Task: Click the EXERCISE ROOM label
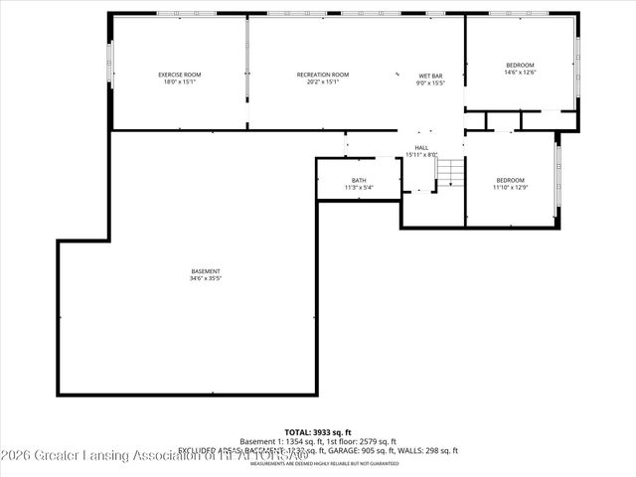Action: (180, 75)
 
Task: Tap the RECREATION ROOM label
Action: (323, 75)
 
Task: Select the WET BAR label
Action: (430, 76)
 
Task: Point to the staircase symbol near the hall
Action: (451, 174)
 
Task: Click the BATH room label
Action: (358, 180)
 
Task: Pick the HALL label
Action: (422, 147)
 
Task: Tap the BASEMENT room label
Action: (206, 271)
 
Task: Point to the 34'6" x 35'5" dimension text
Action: (206, 279)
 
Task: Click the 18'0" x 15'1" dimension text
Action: (180, 82)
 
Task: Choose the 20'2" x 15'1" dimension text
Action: (323, 82)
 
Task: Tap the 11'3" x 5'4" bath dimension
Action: (358, 188)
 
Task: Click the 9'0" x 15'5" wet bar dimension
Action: (430, 83)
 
